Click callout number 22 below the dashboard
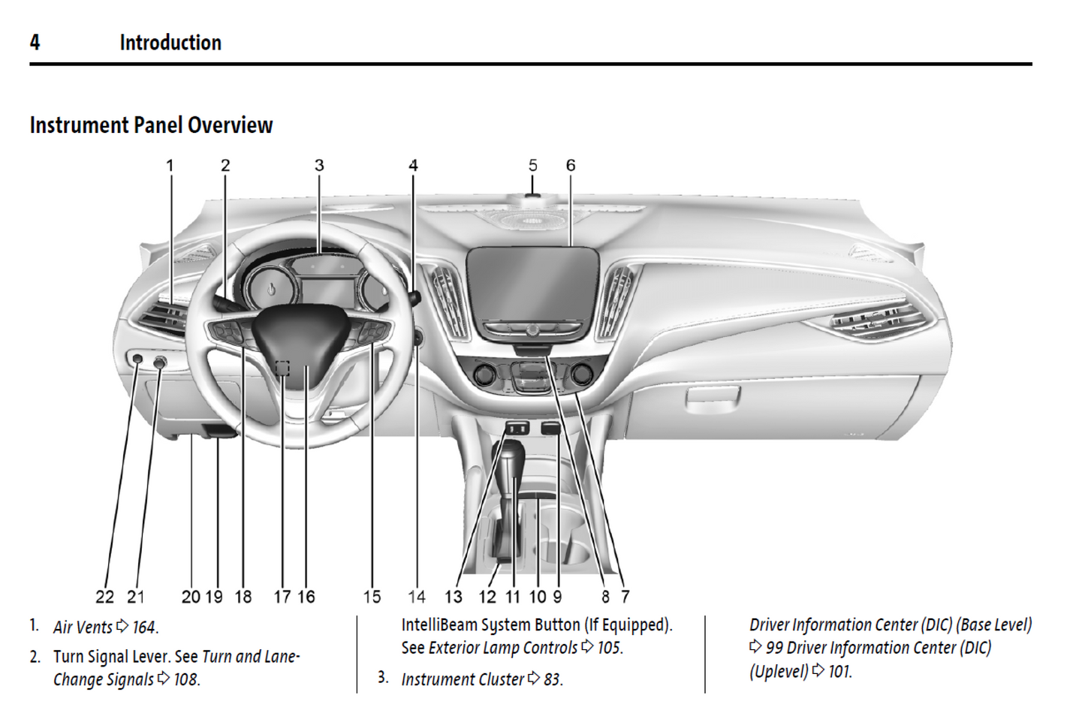pyautogui.click(x=104, y=597)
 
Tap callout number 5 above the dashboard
pyautogui.click(x=532, y=165)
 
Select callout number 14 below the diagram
pyautogui.click(x=417, y=597)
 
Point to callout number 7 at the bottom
pyautogui.click(x=625, y=597)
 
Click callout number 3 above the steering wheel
pyautogui.click(x=319, y=165)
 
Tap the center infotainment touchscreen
pyautogui.click(x=532, y=285)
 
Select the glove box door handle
pyautogui.click(x=713, y=395)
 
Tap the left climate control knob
pyautogui.click(x=484, y=373)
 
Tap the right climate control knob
pyautogui.click(x=581, y=373)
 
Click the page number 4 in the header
pyautogui.click(x=35, y=43)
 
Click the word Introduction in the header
pyautogui.click(x=170, y=43)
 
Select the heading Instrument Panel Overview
pyautogui.click(x=151, y=125)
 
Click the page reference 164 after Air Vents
pyautogui.click(x=144, y=627)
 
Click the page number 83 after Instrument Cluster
pyautogui.click(x=552, y=679)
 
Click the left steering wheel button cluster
pyautogui.click(x=225, y=330)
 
